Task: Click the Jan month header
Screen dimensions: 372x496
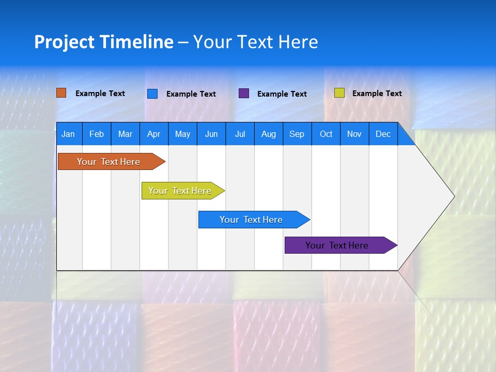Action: pos(68,134)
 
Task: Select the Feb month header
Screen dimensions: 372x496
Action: pos(97,134)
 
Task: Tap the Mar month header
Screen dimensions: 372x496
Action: pos(125,134)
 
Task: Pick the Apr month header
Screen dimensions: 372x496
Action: pos(154,134)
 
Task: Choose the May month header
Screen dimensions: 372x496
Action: pos(182,134)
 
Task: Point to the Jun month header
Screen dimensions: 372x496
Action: pos(211,134)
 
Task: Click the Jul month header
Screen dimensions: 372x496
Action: pos(240,134)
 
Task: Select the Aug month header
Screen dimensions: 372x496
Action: pos(269,134)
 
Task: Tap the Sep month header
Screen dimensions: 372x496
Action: pos(297,134)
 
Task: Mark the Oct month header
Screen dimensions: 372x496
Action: pos(326,134)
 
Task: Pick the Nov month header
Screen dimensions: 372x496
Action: pos(354,134)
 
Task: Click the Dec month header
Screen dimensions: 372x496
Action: pos(383,134)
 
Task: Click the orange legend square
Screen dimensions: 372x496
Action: pos(61,93)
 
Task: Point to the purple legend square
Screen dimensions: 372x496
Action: pos(244,94)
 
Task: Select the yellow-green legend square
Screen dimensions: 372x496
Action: pos(339,93)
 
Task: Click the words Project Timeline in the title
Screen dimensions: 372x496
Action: pos(104,42)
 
